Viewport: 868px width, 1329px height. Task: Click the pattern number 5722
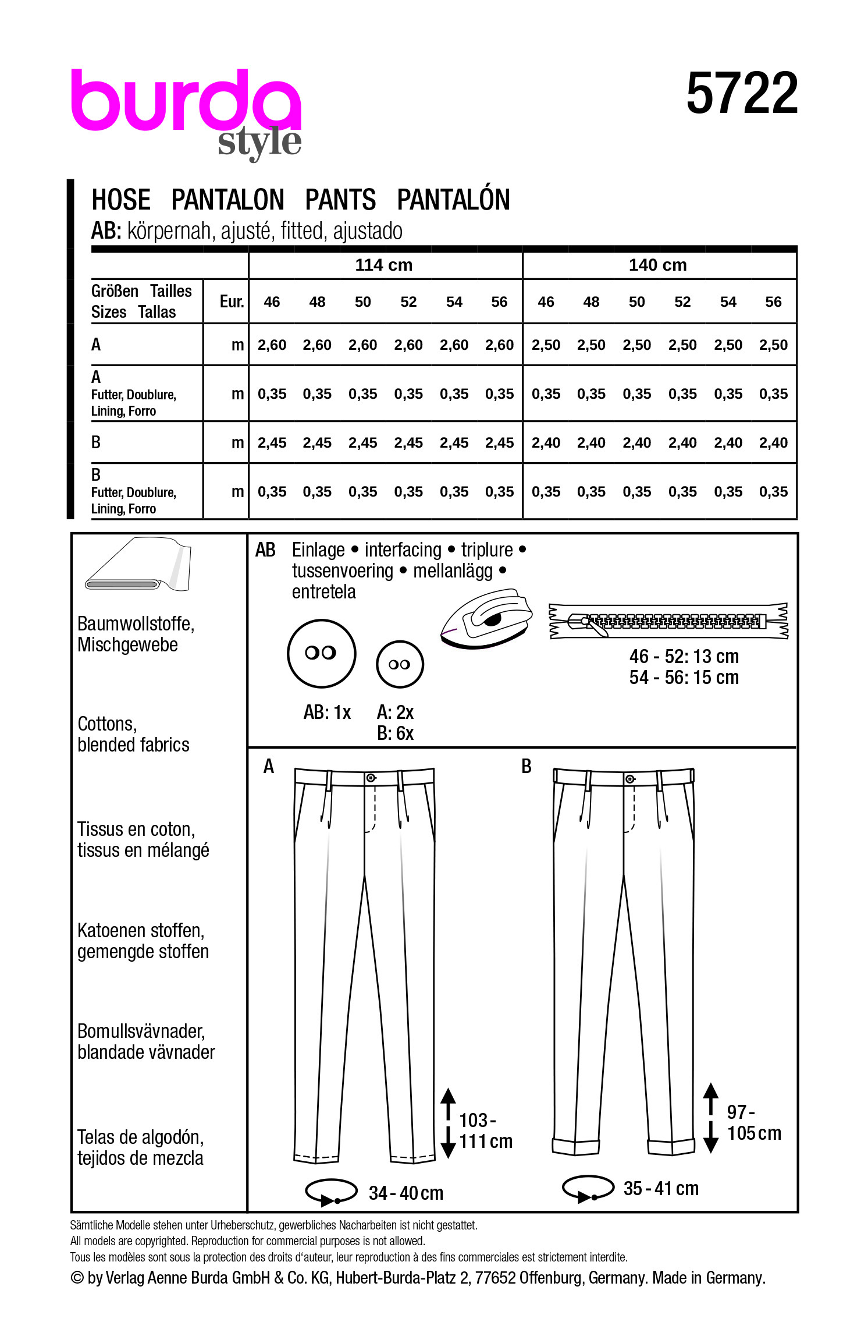[x=742, y=94]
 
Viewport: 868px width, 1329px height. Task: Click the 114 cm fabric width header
[x=384, y=265]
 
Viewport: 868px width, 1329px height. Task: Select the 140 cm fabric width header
[x=657, y=265]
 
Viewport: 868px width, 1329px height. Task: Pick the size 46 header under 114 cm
[x=272, y=302]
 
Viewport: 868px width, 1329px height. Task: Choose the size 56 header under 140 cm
[x=773, y=302]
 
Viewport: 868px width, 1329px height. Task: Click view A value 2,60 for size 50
[x=362, y=345]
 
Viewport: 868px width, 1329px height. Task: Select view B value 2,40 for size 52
[x=682, y=443]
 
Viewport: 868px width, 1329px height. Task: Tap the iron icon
[x=486, y=619]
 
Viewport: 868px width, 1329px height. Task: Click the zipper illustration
[x=668, y=621]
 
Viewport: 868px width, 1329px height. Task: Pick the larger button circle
[x=321, y=653]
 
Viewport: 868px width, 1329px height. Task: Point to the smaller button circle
[x=400, y=664]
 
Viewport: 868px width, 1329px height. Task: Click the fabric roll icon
[x=138, y=564]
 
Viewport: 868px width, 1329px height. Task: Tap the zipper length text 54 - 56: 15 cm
[x=684, y=678]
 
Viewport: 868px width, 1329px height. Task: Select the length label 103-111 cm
[x=485, y=1131]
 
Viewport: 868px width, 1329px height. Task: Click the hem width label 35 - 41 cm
[x=661, y=1188]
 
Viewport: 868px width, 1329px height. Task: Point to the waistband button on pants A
[x=371, y=778]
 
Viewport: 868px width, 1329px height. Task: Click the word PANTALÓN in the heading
[x=453, y=200]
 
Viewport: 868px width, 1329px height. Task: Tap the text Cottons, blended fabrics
[x=133, y=735]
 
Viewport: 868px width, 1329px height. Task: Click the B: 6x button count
[x=395, y=733]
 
